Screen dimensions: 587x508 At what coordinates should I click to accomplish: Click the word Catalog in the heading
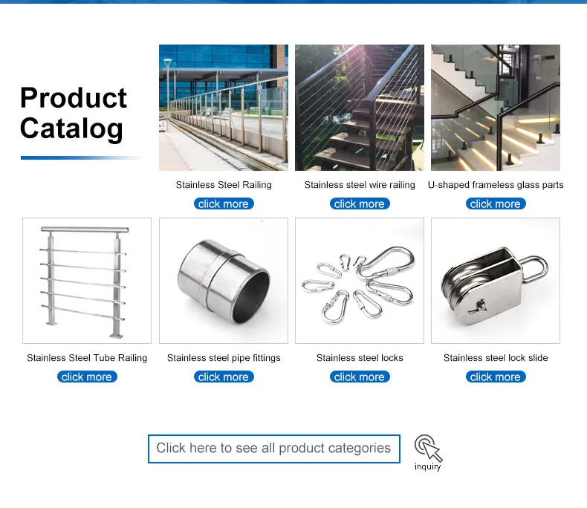[x=71, y=128]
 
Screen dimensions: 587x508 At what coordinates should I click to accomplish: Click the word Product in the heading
[x=74, y=98]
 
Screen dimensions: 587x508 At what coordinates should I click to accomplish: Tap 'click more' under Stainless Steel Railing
[x=224, y=204]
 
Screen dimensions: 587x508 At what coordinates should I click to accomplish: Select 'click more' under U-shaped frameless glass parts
[x=496, y=204]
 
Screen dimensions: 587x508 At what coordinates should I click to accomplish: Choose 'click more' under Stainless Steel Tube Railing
[x=87, y=377]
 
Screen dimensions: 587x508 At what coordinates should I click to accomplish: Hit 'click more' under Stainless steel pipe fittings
[x=224, y=377]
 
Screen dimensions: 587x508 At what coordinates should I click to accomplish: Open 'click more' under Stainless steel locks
[x=360, y=377]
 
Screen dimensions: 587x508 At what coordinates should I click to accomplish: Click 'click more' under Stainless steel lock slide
[x=496, y=377]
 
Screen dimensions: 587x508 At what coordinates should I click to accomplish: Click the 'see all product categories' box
[x=274, y=449]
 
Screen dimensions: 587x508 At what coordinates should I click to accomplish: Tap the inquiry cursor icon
[x=428, y=447]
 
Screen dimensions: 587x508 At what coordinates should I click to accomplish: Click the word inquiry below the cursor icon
[x=427, y=466]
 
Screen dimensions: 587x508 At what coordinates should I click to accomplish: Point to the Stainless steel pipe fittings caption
[x=224, y=358]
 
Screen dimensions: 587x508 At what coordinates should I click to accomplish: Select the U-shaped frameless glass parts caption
[x=496, y=185]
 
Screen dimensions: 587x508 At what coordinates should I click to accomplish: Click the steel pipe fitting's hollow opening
[x=251, y=298]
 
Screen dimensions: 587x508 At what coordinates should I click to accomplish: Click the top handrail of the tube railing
[x=85, y=229]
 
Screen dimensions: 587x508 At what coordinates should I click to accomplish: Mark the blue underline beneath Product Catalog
[x=80, y=158]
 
